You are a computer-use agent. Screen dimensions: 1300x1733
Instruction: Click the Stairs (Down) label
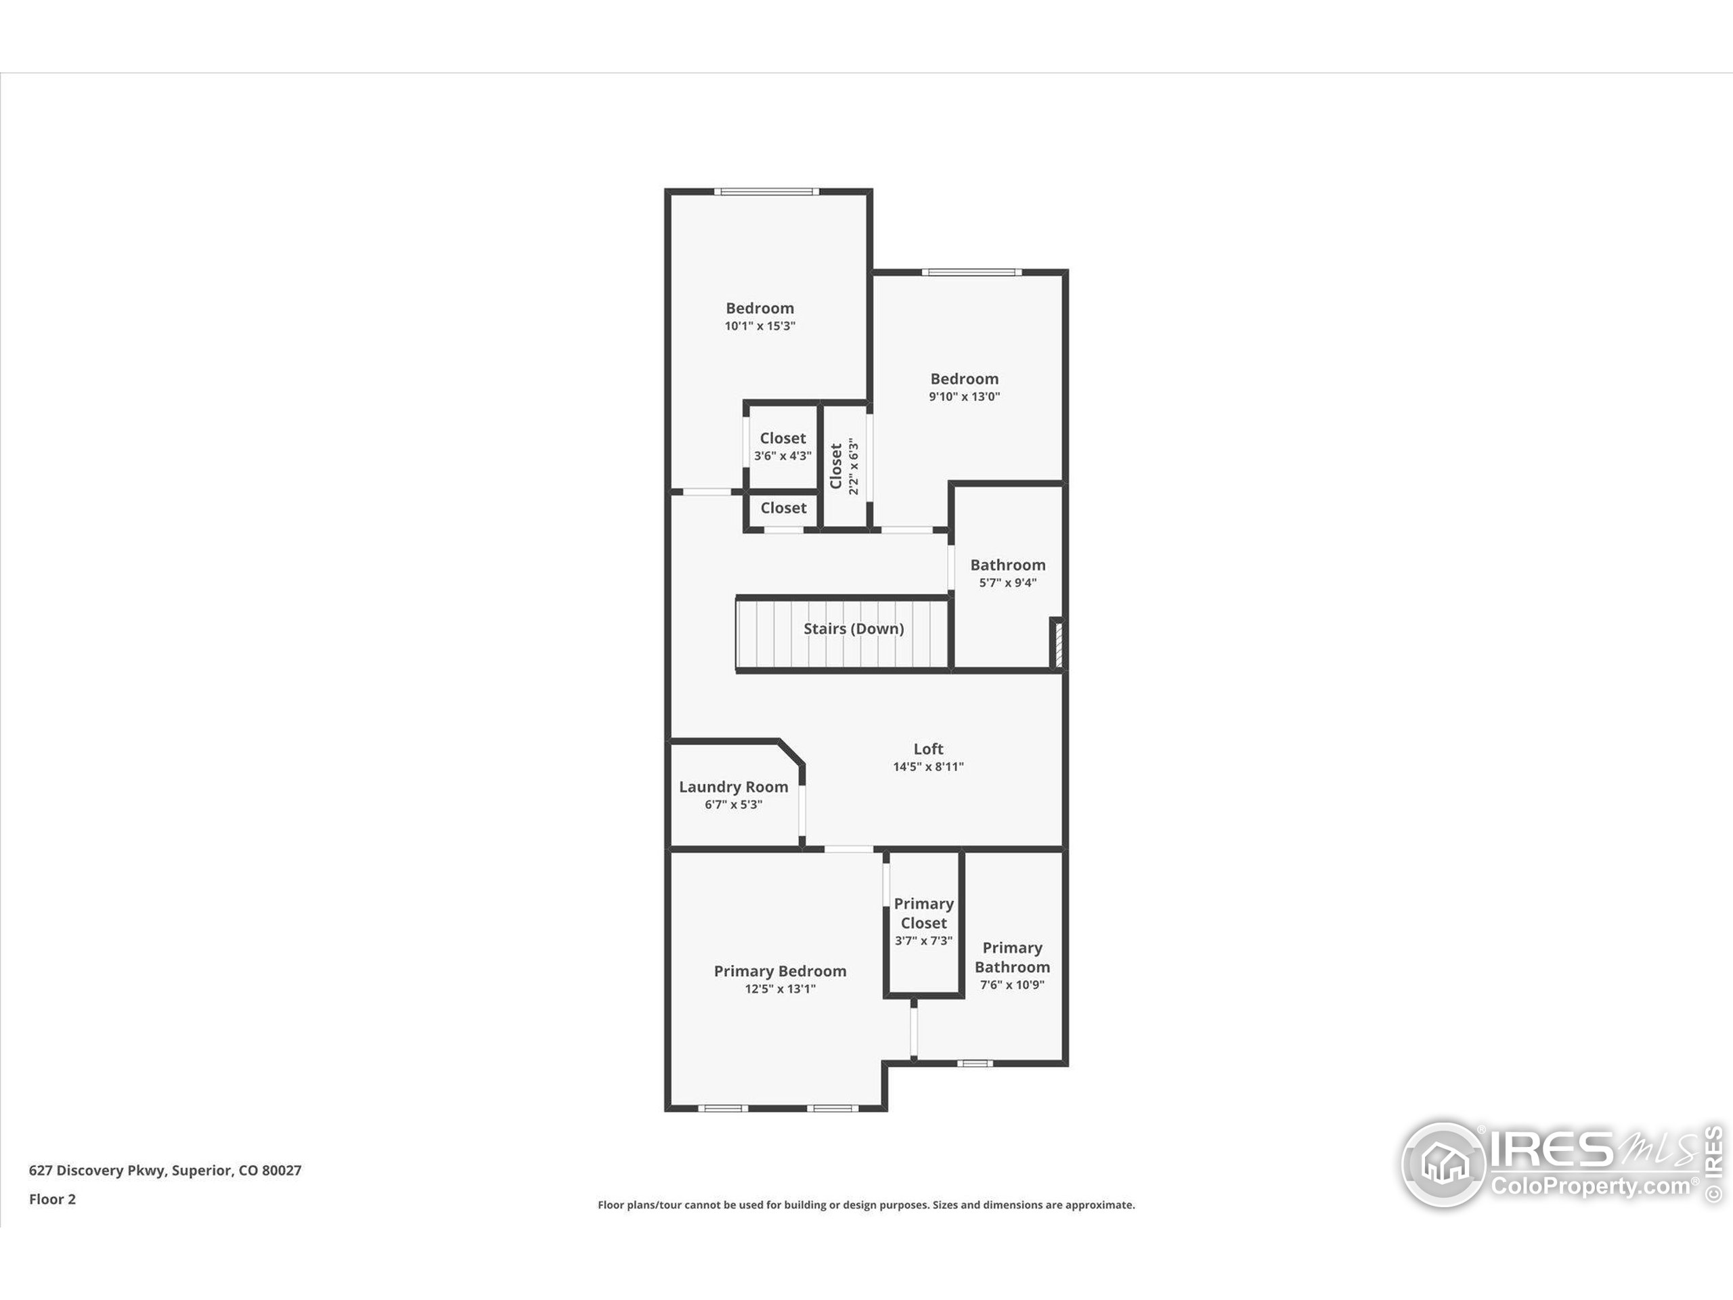853,628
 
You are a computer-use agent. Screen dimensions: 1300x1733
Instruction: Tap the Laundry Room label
733,787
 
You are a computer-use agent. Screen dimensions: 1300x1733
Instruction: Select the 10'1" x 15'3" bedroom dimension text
759,326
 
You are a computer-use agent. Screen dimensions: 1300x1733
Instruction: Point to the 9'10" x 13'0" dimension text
964,397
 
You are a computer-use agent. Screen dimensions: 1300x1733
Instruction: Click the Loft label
927,748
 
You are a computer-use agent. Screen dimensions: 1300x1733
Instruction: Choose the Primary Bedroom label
780,971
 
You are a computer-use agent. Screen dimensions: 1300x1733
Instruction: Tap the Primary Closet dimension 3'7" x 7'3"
923,940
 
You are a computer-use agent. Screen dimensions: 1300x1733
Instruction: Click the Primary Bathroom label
1011,957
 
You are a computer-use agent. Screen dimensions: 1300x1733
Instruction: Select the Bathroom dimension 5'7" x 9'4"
1007,582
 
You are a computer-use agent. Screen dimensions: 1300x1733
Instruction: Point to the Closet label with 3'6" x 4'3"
782,438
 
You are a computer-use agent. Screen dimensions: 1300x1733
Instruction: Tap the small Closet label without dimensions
783,508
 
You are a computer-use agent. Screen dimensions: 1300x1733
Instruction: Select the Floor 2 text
53,1199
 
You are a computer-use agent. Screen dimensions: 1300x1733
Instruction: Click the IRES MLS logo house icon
1443,1165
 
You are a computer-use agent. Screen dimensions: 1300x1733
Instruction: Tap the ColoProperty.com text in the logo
1589,1186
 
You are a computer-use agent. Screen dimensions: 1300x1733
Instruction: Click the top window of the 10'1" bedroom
766,191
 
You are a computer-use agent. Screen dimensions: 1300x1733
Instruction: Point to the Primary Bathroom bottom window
974,1063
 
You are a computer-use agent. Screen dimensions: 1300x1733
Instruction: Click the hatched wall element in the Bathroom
1057,644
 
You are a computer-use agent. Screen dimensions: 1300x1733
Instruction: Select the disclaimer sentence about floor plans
866,1205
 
